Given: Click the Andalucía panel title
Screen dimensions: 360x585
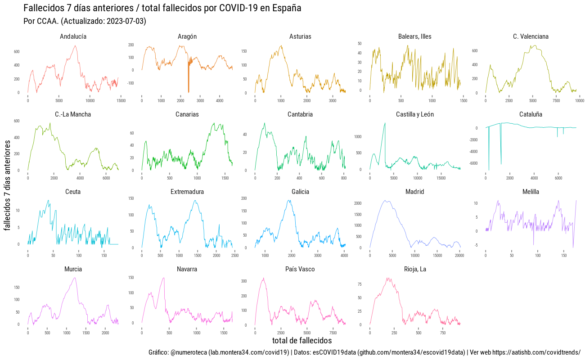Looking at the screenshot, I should tap(73, 36).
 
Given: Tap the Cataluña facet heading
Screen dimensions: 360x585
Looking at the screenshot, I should tap(531, 114).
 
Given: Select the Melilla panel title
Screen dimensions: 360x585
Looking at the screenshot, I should tap(531, 192).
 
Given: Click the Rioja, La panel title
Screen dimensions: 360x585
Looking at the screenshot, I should tap(415, 269).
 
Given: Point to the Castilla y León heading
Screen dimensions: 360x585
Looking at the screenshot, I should tap(415, 114).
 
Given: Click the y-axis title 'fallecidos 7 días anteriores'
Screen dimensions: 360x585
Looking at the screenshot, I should tap(8, 185).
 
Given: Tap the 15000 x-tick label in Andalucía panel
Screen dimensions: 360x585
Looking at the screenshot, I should tap(121, 100).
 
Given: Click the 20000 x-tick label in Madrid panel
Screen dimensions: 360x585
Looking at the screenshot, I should tap(459, 255).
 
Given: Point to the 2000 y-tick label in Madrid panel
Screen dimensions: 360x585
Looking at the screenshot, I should tap(358, 203).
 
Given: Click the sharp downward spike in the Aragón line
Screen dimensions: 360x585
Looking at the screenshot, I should tap(189, 91).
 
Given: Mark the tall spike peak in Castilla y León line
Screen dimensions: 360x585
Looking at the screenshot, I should tap(385, 123).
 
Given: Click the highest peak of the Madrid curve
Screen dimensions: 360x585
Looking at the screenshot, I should tap(385, 201).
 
